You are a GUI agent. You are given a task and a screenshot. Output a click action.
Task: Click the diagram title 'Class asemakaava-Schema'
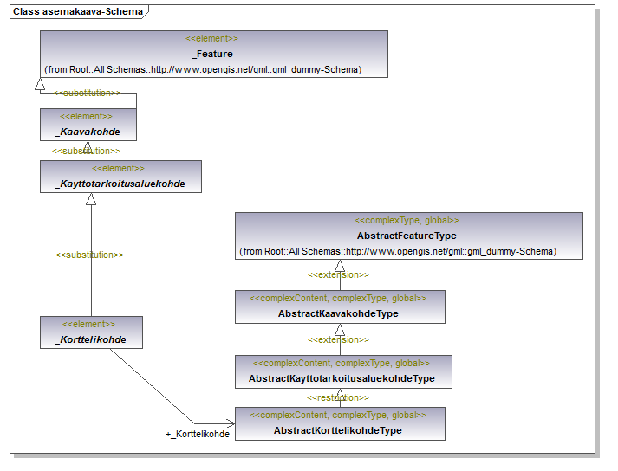point(78,11)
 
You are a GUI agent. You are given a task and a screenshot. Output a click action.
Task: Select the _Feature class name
point(212,54)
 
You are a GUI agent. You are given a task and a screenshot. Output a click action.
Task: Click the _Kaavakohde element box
point(88,125)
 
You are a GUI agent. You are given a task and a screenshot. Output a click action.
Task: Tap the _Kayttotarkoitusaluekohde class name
point(120,184)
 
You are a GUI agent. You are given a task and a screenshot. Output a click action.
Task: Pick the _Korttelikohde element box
point(91,332)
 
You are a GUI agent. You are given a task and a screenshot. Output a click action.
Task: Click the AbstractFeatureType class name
point(407,235)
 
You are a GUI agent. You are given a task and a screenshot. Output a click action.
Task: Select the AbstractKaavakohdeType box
point(340,307)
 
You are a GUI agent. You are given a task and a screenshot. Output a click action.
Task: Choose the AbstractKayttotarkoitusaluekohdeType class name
point(342,378)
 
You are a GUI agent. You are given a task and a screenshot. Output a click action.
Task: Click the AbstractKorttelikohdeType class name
point(338,430)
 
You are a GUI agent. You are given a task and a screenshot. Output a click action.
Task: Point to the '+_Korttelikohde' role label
point(198,434)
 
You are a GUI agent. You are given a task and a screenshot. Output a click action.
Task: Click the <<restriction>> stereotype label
point(338,397)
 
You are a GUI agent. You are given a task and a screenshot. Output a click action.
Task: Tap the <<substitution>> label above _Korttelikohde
point(89,255)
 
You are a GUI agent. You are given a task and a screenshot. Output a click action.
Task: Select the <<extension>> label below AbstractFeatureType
point(338,274)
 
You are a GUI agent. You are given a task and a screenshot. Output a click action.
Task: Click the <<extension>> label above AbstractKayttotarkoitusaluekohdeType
point(338,340)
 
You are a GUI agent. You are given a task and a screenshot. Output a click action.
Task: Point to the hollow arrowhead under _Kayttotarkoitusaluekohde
point(91,199)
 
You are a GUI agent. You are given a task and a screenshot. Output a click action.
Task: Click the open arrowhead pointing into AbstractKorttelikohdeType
point(231,423)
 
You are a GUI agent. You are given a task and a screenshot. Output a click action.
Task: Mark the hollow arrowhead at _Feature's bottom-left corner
point(40,84)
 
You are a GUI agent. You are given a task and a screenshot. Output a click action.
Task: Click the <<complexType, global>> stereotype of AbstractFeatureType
point(407,221)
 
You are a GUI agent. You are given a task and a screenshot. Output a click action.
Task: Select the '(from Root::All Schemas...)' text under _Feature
point(203,70)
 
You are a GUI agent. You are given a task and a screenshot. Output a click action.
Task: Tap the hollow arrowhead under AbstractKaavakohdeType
point(340,330)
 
